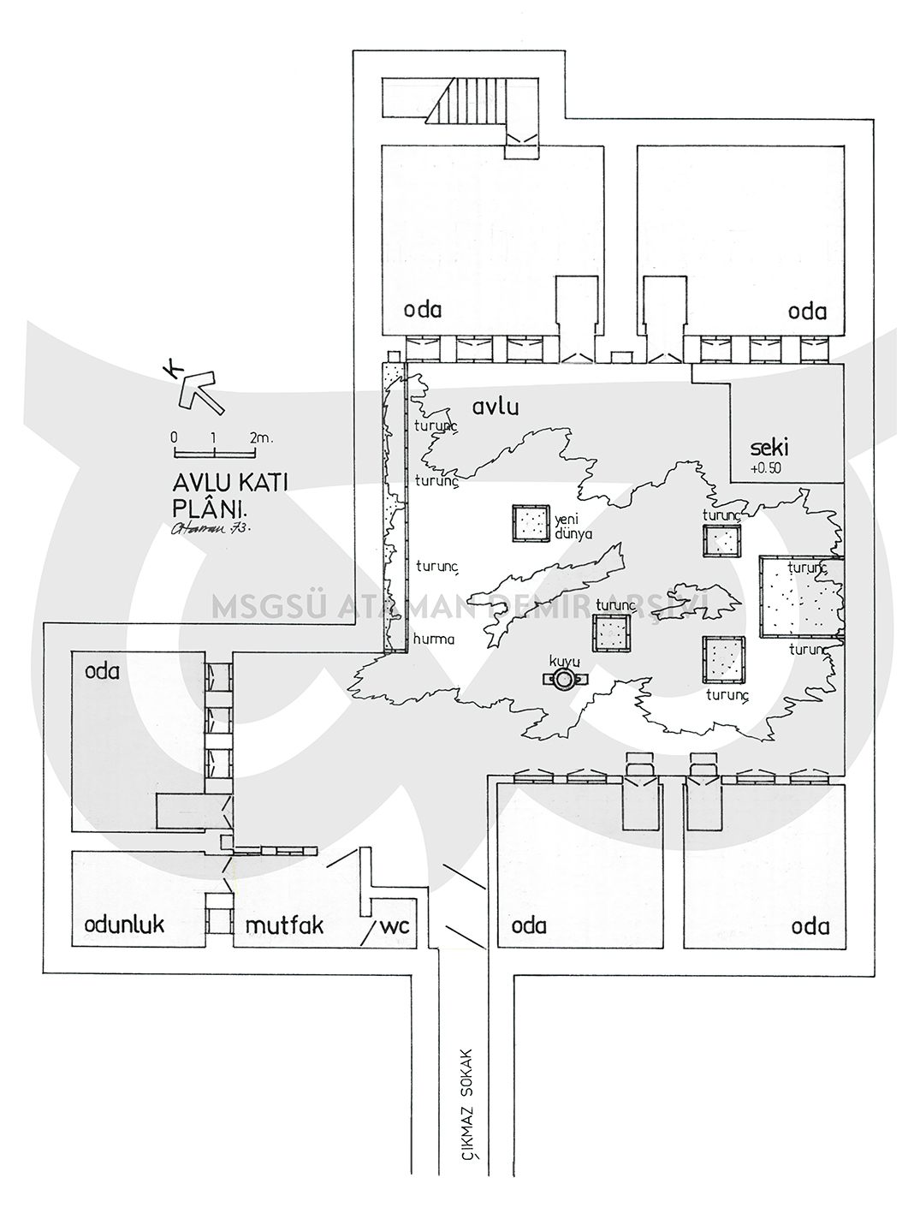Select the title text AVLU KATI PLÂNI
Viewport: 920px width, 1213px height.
point(230,492)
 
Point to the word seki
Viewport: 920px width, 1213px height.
point(768,448)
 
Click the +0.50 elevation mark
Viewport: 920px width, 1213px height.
point(766,468)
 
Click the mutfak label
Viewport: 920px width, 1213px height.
point(284,925)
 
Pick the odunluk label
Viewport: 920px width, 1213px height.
point(124,925)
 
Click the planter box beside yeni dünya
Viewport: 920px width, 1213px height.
point(530,522)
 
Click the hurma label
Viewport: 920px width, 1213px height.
point(433,639)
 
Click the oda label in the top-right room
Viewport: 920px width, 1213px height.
point(808,311)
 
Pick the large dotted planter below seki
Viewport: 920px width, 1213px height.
point(802,597)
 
